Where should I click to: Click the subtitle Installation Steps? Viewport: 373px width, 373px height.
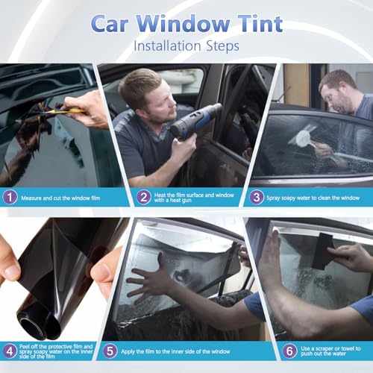click(186, 46)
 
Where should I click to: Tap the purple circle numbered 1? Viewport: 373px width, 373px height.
click(10, 198)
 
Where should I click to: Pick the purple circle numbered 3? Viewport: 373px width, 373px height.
click(257, 198)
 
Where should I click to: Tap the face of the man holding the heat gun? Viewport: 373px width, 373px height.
click(145, 95)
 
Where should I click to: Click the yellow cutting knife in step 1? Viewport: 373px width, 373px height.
click(63, 110)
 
